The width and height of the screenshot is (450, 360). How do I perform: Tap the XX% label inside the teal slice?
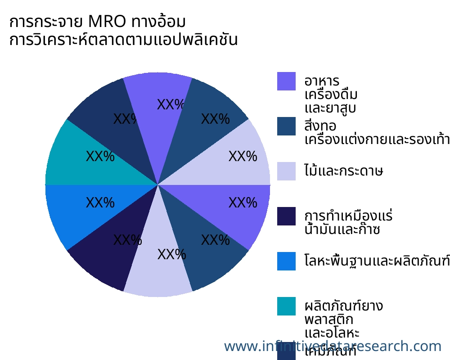(x=100, y=157)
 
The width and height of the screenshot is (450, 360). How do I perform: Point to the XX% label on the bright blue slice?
(x=100, y=203)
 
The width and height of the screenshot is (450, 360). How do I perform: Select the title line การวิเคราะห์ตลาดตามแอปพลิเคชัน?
(x=123, y=40)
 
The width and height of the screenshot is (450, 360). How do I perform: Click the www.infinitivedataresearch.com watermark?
(x=333, y=346)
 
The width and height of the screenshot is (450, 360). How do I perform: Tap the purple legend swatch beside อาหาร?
(x=286, y=81)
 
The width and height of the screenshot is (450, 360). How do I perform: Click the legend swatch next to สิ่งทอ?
(x=286, y=126)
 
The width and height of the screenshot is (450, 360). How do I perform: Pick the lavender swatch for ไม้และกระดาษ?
(x=286, y=171)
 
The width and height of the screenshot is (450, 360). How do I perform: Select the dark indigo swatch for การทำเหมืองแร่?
(x=286, y=216)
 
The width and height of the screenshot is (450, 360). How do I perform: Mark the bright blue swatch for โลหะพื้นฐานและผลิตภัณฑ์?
(x=286, y=261)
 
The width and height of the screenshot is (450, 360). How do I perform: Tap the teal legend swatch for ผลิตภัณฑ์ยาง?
(x=286, y=306)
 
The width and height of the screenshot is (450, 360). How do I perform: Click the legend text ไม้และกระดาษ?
(x=344, y=171)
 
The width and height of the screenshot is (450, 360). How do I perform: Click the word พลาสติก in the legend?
(x=329, y=320)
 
